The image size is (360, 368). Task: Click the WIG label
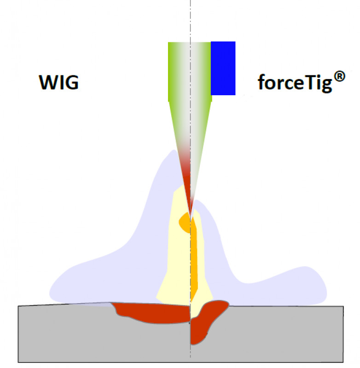[x=58, y=83]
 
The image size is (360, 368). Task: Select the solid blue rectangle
[x=223, y=68]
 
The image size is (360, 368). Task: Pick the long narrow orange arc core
[x=194, y=258]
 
